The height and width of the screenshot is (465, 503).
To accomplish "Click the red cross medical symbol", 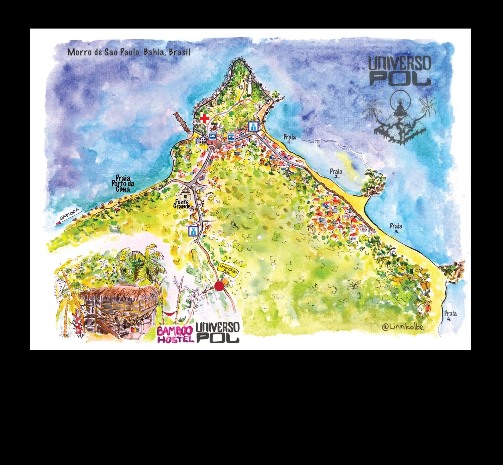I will [205, 118].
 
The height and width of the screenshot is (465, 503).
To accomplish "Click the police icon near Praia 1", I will [253, 126].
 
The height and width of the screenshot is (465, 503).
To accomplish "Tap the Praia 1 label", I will [289, 139].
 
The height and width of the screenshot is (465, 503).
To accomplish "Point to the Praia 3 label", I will [396, 228].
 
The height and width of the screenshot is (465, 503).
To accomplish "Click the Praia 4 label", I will [450, 316].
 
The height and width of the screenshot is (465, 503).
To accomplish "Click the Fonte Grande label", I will [182, 204].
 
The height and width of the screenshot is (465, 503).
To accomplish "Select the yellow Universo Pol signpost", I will [228, 270].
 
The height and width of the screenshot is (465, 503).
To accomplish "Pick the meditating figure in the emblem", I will [400, 108].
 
